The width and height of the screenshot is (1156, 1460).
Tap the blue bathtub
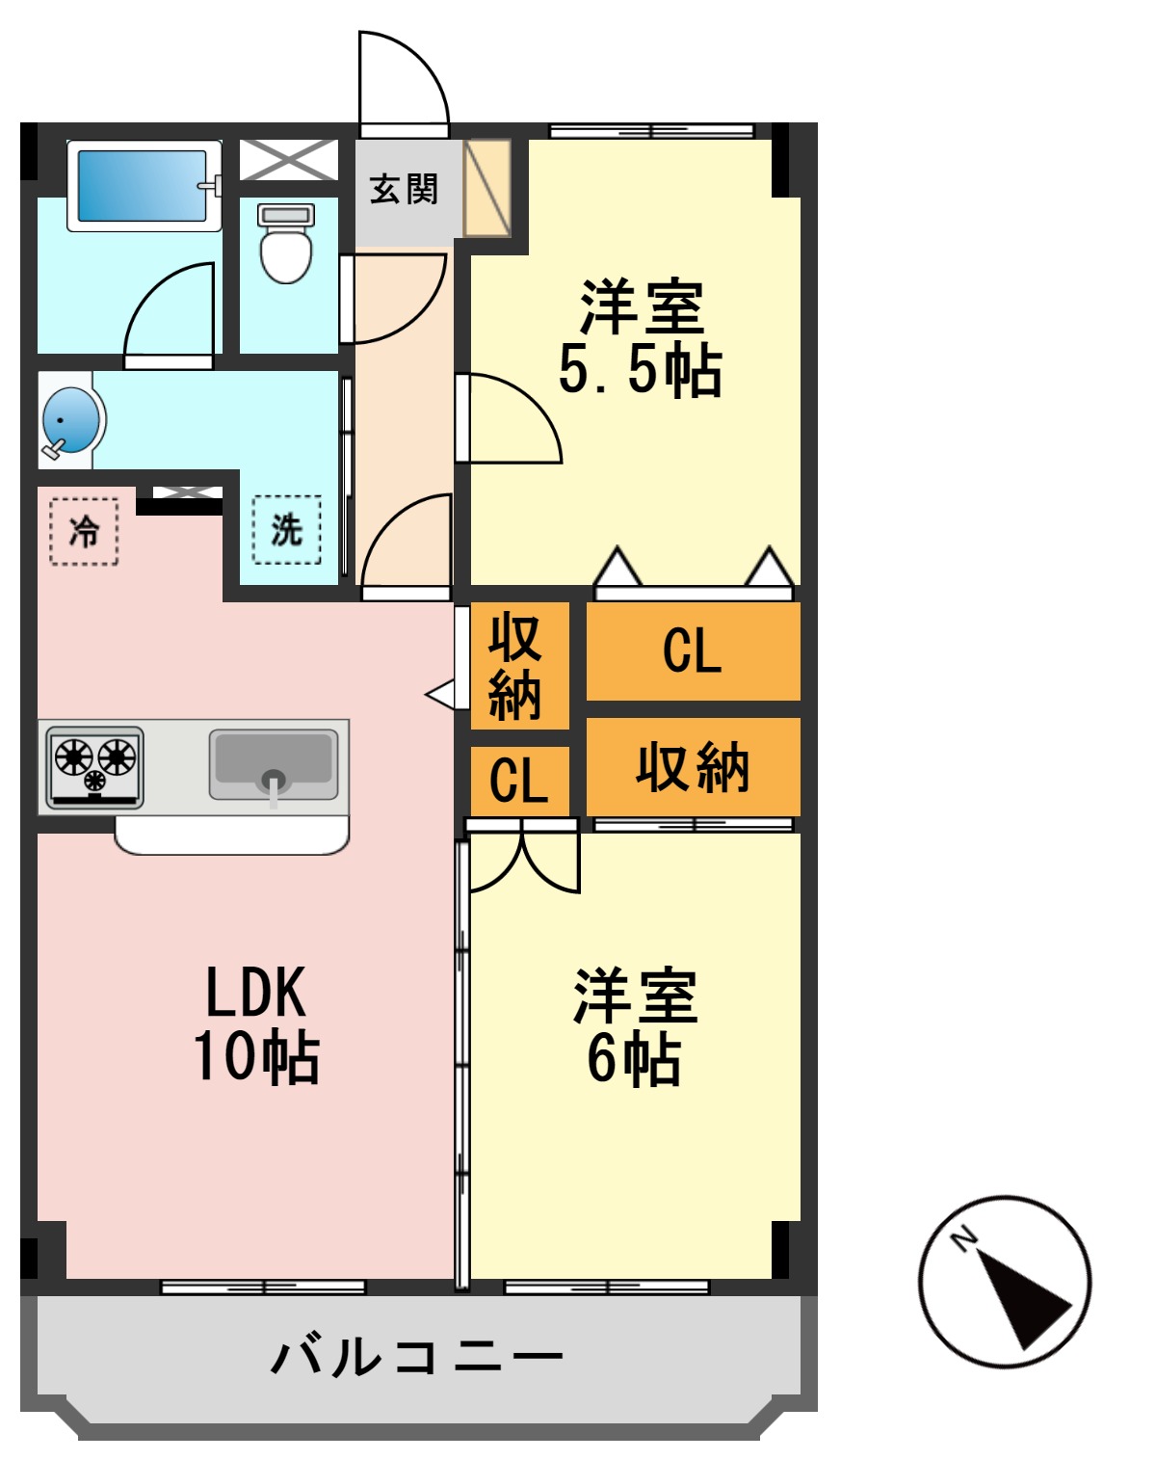pyautogui.click(x=143, y=185)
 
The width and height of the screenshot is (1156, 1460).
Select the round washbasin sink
pyautogui.click(x=69, y=420)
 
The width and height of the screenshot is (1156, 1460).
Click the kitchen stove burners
pyautogui.click(x=95, y=763)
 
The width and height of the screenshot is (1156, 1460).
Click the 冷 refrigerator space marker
pyautogui.click(x=84, y=530)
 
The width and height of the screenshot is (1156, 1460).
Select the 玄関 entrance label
pyautogui.click(x=404, y=189)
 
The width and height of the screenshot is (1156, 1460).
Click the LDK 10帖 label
pyautogui.click(x=256, y=1023)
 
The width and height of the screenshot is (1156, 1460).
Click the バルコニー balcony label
pyautogui.click(x=416, y=1357)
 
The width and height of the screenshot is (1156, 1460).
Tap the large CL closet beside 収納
pyautogui.click(x=693, y=650)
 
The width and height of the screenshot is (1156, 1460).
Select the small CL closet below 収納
pyautogui.click(x=519, y=780)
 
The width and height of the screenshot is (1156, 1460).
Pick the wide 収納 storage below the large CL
pyautogui.click(x=693, y=767)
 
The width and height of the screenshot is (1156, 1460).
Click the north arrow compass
pyautogui.click(x=1005, y=1282)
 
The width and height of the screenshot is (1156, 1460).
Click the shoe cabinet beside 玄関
pyautogui.click(x=487, y=189)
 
